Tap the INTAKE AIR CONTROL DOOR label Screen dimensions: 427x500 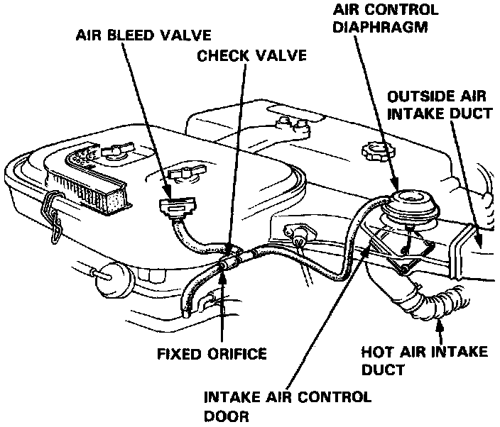click(287, 406)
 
